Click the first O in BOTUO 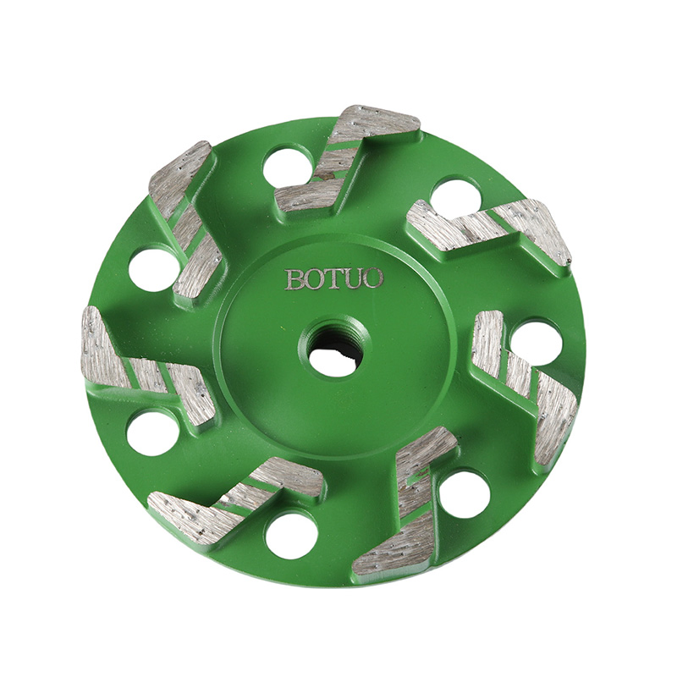316,279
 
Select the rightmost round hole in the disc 537,342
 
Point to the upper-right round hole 456,199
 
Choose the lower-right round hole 464,494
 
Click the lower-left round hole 152,432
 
